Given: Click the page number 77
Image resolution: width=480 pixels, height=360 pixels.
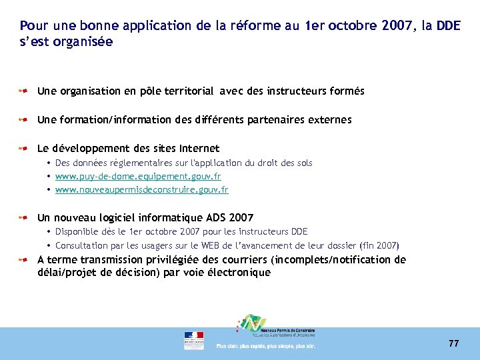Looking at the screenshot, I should point(453,343).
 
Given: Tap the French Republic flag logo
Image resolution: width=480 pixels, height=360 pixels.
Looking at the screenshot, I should point(194,340).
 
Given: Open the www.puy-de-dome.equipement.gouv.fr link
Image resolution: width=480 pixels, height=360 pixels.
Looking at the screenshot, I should point(138,177).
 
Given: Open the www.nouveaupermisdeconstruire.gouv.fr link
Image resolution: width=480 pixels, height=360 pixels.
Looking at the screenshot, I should point(141,190).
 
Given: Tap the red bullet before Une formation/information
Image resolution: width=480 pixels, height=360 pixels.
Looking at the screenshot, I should point(23,120).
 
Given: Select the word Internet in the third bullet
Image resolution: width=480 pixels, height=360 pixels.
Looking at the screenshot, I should point(199,148).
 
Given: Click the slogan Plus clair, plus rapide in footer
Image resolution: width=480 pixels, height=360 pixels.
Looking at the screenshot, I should point(265,346).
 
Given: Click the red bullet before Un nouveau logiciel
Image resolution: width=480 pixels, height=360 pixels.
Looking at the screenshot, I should point(23,217).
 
